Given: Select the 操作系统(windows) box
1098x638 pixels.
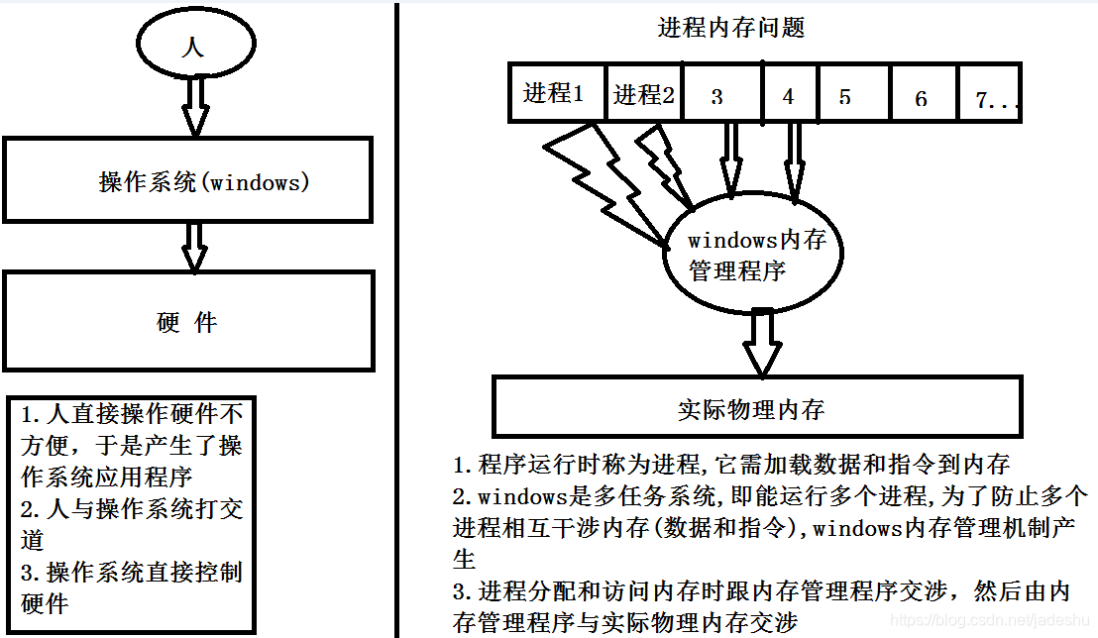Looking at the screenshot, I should tap(188, 180).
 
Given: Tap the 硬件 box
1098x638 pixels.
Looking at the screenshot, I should tap(188, 322).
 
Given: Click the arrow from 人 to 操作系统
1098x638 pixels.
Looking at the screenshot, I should tap(195, 105).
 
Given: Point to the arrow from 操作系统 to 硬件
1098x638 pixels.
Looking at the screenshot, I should tap(195, 246).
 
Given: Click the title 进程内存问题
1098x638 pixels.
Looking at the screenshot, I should tap(731, 28).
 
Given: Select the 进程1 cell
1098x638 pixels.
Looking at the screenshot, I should tap(555, 93).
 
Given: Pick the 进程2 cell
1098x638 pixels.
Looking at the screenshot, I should tap(644, 94).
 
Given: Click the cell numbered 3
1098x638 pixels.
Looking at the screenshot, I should tap(718, 96).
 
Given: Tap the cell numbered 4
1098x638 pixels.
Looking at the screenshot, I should tap(789, 96).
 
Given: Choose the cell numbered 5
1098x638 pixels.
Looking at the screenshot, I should tap(845, 96).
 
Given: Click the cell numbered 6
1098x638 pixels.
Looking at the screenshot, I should tap(921, 97).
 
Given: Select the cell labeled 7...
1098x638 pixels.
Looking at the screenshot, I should tap(991, 99).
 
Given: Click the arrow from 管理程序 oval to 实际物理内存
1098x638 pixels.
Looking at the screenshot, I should tap(762, 342).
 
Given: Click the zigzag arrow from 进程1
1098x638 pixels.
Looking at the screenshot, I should tap(595, 178).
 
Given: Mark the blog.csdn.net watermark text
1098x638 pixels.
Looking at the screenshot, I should tap(991, 620).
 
